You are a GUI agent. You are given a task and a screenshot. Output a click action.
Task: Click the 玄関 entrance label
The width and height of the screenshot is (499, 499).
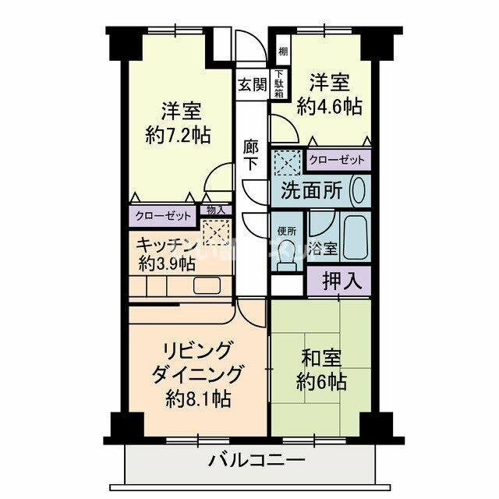coord(251,85)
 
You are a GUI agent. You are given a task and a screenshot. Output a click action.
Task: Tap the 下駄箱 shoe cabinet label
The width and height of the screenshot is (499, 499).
coord(278,85)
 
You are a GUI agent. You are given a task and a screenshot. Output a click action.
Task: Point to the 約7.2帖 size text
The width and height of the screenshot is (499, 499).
coord(178,134)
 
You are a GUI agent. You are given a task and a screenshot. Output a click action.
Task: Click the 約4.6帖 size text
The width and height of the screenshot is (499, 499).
coord(330,106)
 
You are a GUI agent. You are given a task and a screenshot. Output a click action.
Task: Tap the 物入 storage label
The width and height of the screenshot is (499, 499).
coord(215,210)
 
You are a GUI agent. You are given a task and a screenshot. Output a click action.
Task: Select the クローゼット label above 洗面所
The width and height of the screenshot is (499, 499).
coord(337,161)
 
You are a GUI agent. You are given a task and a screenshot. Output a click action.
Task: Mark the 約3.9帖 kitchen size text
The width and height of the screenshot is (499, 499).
coord(166,263)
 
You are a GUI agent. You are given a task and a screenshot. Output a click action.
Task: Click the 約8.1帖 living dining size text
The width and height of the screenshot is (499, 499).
coord(197,399)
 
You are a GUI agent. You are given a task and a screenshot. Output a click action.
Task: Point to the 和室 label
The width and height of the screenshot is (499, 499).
coord(321,360)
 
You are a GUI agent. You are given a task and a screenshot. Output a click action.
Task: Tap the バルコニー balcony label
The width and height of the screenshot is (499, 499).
coord(257,461)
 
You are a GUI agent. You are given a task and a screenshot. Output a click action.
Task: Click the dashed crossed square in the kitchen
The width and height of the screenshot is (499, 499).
coord(213,232)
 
